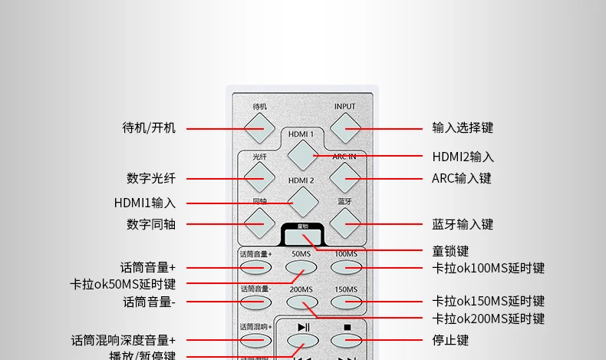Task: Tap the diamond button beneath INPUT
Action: [345, 128]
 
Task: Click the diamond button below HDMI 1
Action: [302, 154]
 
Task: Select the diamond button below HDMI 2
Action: [302, 201]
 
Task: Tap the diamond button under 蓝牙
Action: [345, 223]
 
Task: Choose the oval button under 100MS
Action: [346, 267]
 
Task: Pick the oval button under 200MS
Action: [301, 302]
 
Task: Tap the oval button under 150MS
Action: [346, 302]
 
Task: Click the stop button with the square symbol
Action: [346, 339]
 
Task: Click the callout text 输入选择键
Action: [463, 128]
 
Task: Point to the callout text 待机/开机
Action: [149, 128]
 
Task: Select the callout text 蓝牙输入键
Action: [463, 224]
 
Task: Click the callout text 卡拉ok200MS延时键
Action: [488, 319]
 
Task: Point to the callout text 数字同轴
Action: [151, 224]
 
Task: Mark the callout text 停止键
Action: [450, 339]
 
